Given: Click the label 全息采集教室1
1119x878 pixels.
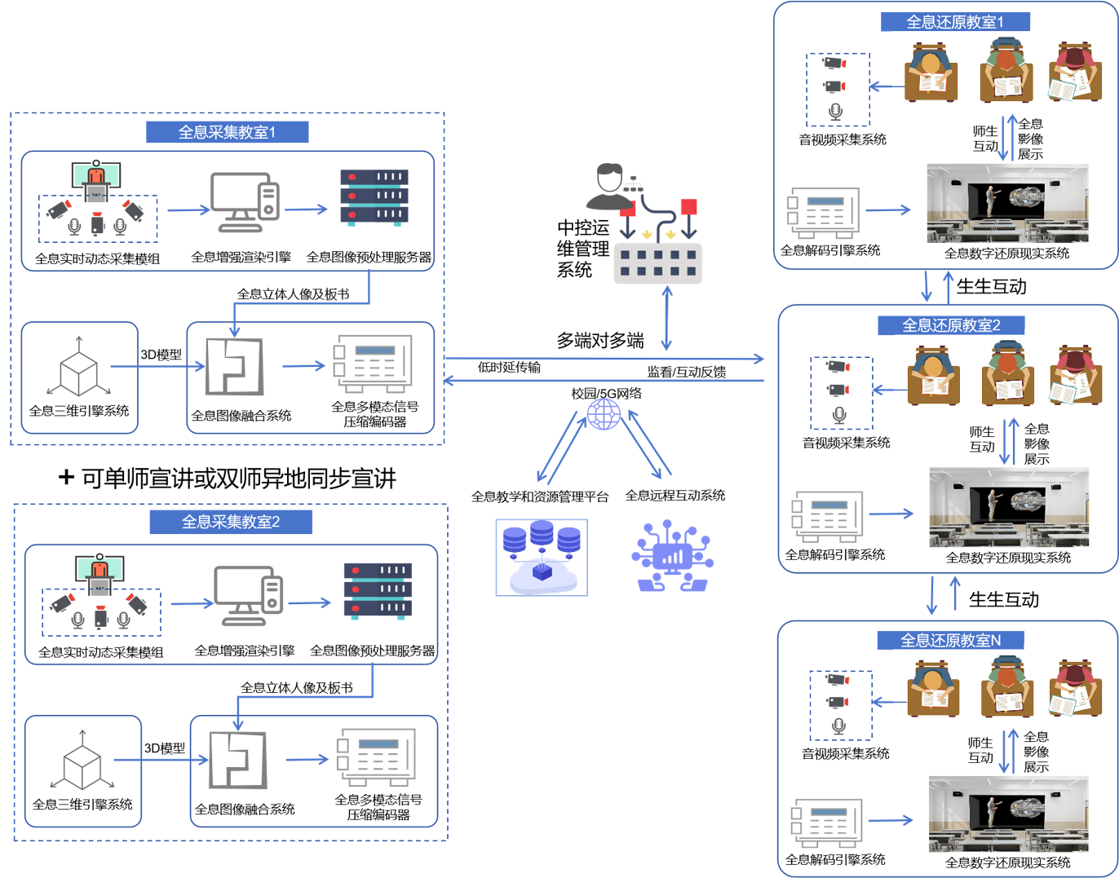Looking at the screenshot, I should pos(227,132).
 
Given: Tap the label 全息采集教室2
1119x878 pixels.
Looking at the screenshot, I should pos(230,522).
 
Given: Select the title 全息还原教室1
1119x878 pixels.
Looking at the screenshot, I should pos(954,22).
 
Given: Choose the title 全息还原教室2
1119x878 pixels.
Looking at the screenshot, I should pos(950,325).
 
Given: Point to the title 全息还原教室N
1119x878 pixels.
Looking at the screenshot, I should pos(949,641).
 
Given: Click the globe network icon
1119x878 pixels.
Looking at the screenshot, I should pos(604,414).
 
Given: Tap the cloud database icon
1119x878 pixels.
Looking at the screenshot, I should pos(542,558).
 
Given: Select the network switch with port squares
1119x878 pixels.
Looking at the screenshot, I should pos(657,263).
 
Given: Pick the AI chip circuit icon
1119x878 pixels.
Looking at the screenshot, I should pos(672,556).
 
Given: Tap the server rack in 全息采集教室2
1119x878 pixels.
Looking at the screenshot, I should pos(377,590).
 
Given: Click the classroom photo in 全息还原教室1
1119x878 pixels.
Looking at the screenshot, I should pos(1006,203).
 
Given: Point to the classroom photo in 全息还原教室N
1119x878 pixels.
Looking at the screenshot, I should pos(1007,814).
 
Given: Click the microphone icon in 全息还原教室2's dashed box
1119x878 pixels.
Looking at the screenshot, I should pos(839,415).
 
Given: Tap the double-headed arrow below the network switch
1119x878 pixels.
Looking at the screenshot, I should pos(666,319).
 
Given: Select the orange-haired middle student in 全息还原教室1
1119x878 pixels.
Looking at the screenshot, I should pos(1006,73).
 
